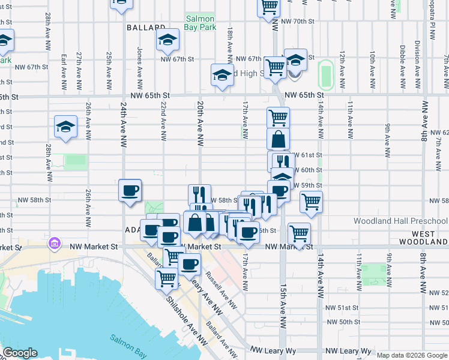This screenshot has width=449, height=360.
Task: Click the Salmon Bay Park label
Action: click(x=200, y=23)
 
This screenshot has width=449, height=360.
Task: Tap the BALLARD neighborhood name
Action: click(x=146, y=28)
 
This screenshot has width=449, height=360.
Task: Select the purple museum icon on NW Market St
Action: click(x=54, y=244)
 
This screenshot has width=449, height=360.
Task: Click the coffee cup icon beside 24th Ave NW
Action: click(x=130, y=191)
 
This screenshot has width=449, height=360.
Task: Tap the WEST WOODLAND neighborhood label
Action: click(x=429, y=237)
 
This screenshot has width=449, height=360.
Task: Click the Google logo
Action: click(x=20, y=353)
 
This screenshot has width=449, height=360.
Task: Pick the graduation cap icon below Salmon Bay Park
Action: click(x=167, y=40)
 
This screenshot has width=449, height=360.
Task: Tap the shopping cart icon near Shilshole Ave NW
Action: click(x=167, y=278)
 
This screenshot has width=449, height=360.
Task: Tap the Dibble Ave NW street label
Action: click(x=401, y=59)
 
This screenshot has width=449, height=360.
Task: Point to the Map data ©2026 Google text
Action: click(x=412, y=355)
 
